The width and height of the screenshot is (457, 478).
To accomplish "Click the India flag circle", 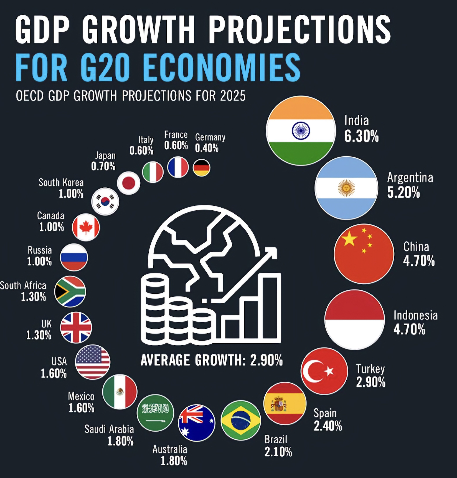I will coord(301,130).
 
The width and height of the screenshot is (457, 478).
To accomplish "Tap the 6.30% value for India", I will coord(361,136).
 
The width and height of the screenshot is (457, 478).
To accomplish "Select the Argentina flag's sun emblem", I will coord(346,188).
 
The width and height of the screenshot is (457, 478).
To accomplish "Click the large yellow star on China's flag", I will coord(349,239).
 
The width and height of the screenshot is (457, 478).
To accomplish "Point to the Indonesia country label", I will coord(415,316).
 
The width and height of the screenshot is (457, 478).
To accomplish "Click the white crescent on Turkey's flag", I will coord(312,371).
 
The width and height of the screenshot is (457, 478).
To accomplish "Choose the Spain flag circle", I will coord(285,403).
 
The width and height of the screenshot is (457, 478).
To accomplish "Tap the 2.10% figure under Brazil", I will coord(278,452).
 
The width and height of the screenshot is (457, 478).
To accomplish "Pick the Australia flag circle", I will coord(197,422).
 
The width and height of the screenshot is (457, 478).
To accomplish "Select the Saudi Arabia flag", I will coord(155,413).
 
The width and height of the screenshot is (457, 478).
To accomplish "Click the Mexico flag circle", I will coord(120,392).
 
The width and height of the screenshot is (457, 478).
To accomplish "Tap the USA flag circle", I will coord(93,362).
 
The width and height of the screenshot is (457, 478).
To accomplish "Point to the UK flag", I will coord(76,328).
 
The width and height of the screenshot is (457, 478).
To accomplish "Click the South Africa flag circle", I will coord(70,291).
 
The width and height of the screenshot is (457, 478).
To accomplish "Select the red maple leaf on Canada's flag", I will coord(86,227).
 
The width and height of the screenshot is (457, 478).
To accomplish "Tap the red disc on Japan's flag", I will coord(129,183).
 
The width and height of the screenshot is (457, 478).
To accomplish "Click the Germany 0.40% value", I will coord(207,148).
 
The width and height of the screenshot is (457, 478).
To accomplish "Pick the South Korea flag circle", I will coord(105,201).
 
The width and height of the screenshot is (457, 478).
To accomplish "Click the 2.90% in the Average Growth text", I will coord(266,360).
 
